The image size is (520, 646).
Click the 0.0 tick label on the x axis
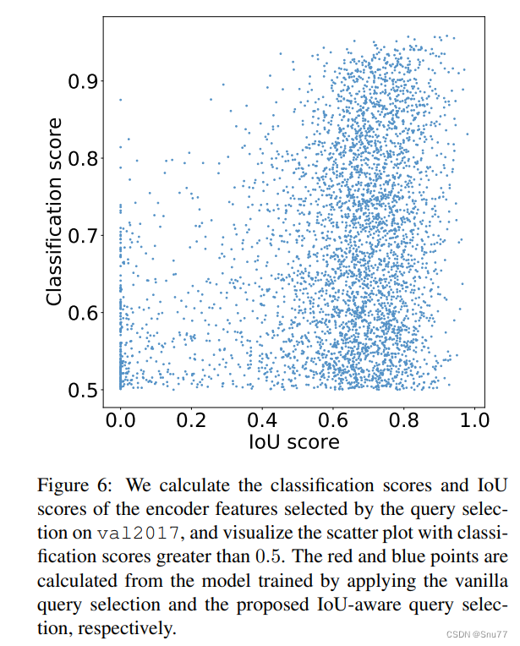120,420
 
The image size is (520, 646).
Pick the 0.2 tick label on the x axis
191,420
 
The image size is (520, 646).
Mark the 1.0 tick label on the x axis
475,420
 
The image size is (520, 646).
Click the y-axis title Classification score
55,212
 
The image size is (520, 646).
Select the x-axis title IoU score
293,442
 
